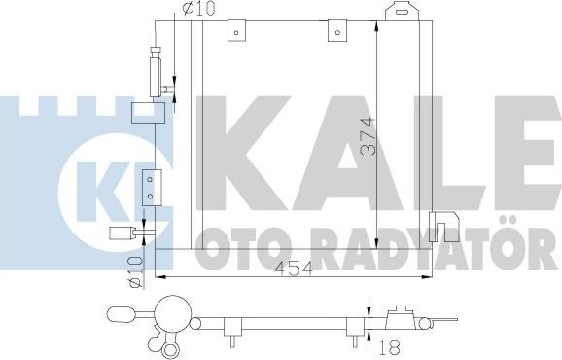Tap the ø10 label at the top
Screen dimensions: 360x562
click(196, 12)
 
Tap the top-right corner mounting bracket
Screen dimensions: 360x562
click(400, 13)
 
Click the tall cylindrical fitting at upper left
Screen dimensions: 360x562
click(154, 69)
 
